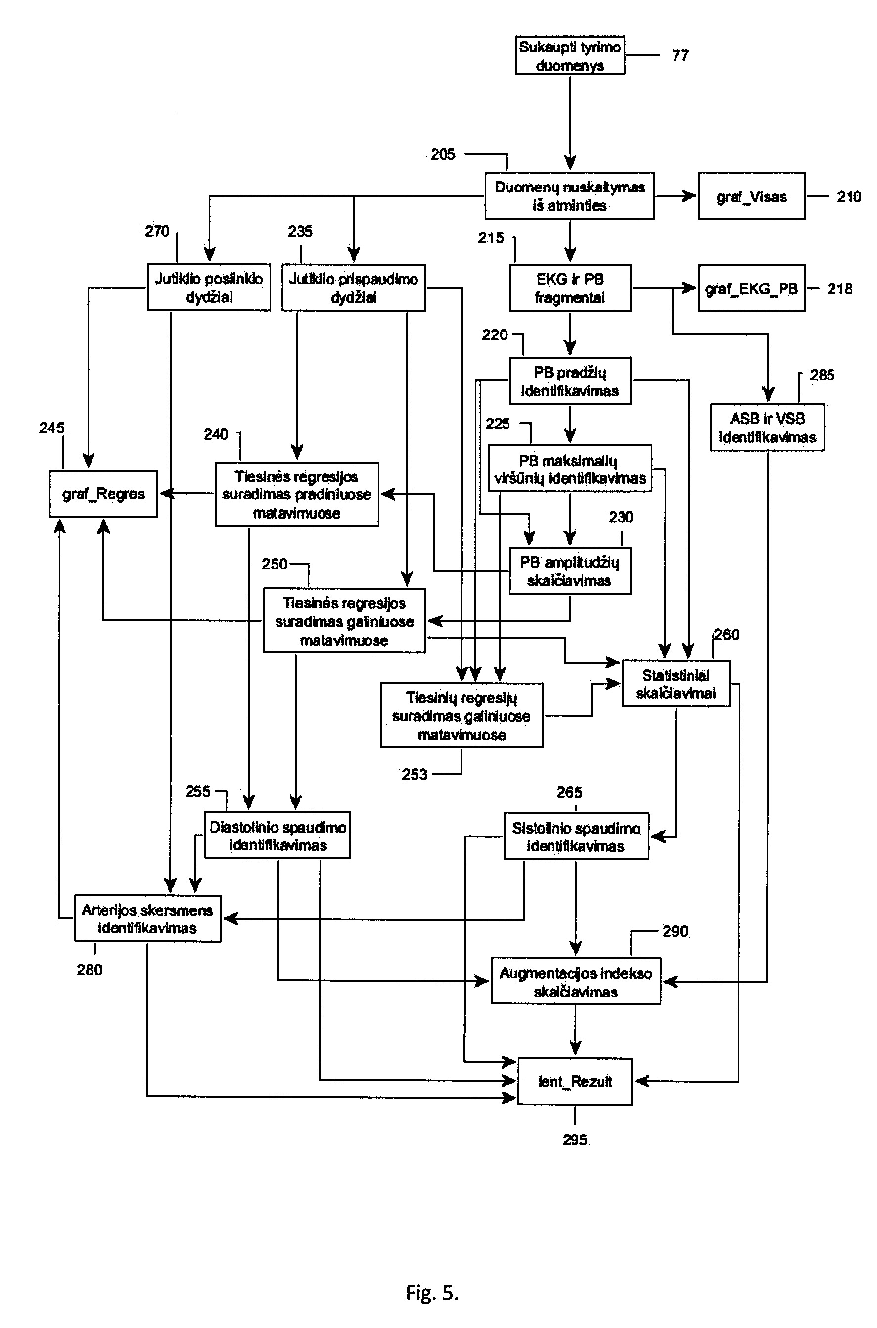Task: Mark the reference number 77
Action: pyautogui.click(x=680, y=55)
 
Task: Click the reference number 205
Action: pyautogui.click(x=442, y=154)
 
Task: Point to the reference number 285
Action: pyautogui.click(x=822, y=375)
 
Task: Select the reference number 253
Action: pyautogui.click(x=415, y=774)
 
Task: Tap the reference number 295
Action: pyautogui.click(x=575, y=1139)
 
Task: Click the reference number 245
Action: pyautogui.click(x=52, y=428)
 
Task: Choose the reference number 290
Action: pyautogui.click(x=675, y=931)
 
